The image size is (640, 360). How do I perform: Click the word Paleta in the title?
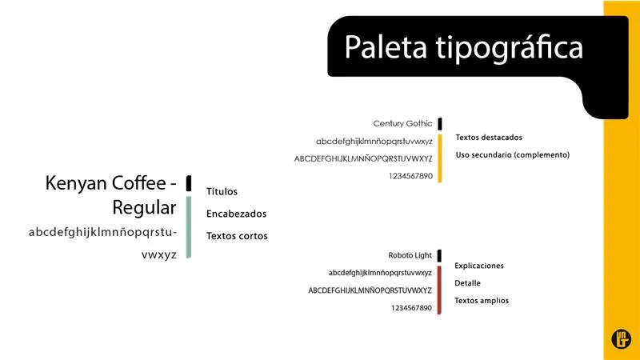coord(386,47)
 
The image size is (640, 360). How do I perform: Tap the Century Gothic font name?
coord(402,123)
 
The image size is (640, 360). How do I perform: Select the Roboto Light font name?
coord(410,255)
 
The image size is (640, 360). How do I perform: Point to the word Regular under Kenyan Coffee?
coord(144,207)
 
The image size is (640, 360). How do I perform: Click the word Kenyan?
coord(76,183)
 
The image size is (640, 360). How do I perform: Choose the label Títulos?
coord(222,191)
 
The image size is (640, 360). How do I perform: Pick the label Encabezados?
coord(236,214)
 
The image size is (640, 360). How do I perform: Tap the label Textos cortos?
coord(237,236)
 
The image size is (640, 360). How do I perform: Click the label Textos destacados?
coord(489,138)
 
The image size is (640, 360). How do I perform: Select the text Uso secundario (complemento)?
coord(513,154)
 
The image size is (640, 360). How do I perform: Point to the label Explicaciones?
coord(479,266)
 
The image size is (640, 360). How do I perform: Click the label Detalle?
coord(467,283)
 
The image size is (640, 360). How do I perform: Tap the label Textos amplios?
coord(482,301)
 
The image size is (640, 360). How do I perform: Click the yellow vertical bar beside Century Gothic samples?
coord(439,158)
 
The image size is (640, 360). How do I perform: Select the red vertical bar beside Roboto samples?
coord(439,290)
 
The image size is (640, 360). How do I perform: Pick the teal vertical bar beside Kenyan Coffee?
coord(189,227)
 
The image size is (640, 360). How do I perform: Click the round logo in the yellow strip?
coord(622,338)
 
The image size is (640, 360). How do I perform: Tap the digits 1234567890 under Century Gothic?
coord(410,176)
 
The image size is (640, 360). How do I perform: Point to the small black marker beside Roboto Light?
coord(439,256)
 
